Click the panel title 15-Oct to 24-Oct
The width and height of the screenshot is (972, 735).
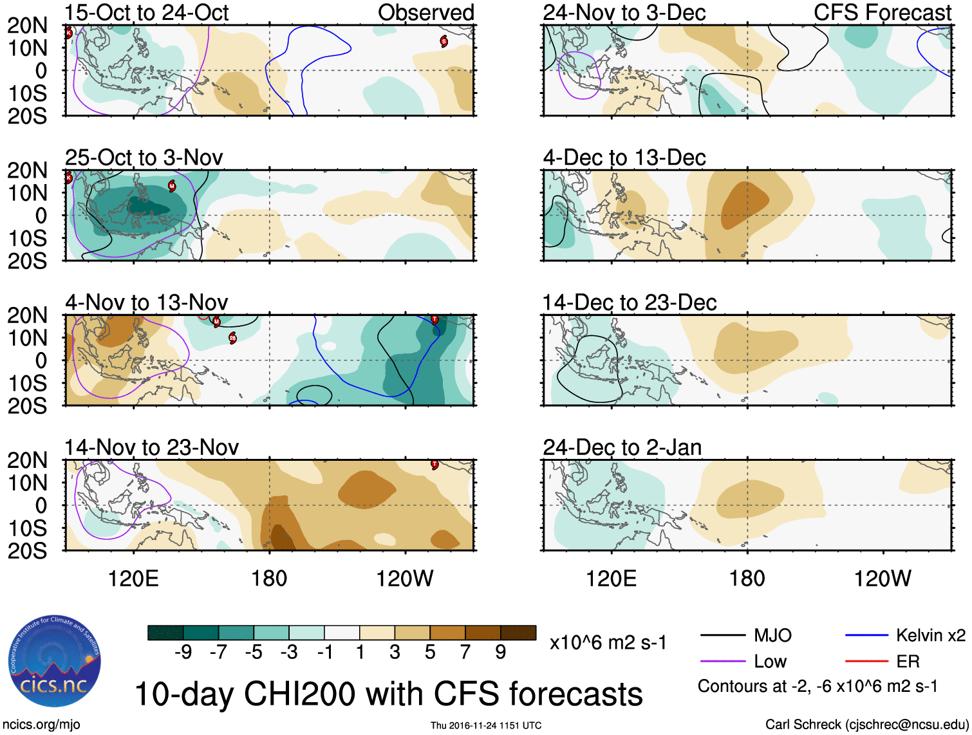click(147, 13)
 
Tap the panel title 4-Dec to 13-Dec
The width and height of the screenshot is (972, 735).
click(624, 158)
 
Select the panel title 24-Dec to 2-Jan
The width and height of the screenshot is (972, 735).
click(622, 447)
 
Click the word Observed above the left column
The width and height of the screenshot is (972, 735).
click(425, 13)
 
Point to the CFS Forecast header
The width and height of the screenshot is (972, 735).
click(883, 13)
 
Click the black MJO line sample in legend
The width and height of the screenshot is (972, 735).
click(723, 636)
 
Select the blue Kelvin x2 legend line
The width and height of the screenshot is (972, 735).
click(866, 636)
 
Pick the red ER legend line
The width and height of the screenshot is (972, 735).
click(866, 661)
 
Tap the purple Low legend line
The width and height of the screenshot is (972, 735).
click(723, 662)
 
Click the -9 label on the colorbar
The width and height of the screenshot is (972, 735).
click(183, 653)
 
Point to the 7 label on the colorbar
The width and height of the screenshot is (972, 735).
click(465, 653)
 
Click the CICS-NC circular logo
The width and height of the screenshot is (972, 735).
click(55, 662)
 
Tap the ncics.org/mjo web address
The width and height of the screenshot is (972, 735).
click(41, 725)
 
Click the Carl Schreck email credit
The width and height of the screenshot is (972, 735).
click(866, 725)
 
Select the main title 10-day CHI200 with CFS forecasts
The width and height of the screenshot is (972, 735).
click(388, 694)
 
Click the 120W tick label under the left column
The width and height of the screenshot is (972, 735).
click(405, 579)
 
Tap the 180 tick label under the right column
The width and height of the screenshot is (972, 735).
click(747, 579)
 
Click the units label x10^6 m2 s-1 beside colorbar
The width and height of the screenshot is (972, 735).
click(608, 643)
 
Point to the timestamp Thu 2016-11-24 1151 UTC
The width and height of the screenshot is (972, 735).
click(486, 725)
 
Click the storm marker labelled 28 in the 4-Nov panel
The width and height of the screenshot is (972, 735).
click(232, 338)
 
